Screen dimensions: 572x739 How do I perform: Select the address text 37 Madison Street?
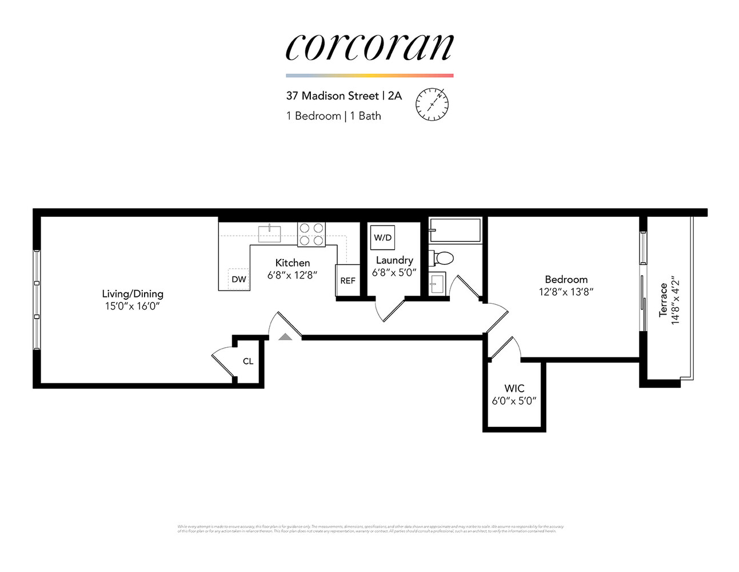tap(332, 96)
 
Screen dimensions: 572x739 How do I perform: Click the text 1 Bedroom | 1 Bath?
tap(333, 116)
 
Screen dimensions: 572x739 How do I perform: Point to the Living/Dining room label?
tap(133, 293)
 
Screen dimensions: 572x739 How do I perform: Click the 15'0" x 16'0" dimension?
tap(132, 307)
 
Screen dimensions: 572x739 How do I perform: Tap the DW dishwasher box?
tap(239, 279)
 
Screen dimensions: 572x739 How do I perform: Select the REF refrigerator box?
tap(347, 280)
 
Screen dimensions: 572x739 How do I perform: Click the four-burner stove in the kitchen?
tap(311, 235)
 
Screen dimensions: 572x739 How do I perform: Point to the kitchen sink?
tap(269, 234)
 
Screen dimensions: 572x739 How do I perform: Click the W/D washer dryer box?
tap(382, 238)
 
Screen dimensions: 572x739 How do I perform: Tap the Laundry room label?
tap(394, 260)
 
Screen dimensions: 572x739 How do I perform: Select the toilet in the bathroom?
tap(443, 258)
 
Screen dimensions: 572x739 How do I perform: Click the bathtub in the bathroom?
tap(455, 231)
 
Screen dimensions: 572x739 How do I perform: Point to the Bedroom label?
tap(566, 279)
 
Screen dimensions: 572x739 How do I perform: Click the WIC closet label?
tap(514, 388)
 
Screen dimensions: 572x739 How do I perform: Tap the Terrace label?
tap(663, 300)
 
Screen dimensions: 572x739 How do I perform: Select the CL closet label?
tap(248, 362)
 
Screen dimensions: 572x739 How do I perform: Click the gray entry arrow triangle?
tap(285, 337)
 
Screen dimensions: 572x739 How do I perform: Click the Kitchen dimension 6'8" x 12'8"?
tap(292, 275)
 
